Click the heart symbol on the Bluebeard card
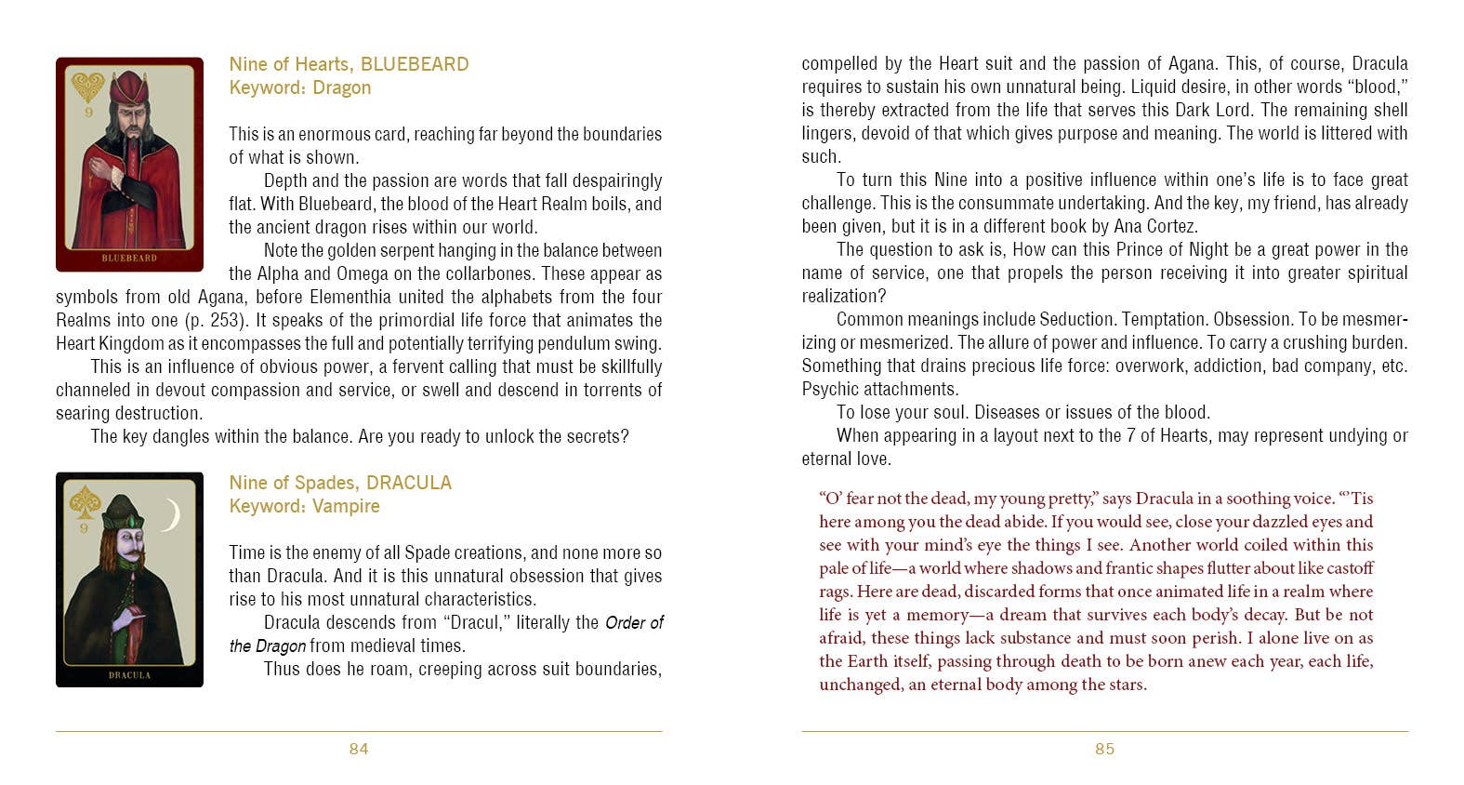pos(88,87)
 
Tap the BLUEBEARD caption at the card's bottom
pos(129,258)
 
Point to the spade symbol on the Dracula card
pos(85,502)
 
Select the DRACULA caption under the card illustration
pos(129,674)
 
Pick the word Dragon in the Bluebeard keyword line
pos(341,87)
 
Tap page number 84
pos(359,749)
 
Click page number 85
pos(1104,749)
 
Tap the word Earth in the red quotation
pos(867,661)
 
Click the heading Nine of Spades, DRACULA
pos(340,483)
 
